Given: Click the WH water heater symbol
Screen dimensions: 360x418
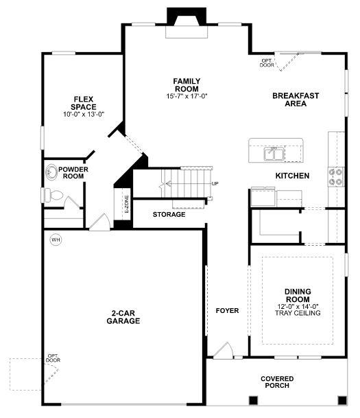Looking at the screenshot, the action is (56, 240).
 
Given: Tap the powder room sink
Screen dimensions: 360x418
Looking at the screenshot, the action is (51, 172).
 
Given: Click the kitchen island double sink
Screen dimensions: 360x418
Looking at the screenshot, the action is (274, 154).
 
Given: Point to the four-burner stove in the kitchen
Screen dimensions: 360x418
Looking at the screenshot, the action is (336, 177).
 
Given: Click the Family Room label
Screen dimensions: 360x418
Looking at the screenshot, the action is (187, 85).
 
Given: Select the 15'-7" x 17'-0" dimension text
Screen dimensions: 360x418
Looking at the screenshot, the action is (187, 96).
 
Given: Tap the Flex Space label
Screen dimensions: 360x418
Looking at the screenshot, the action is (84, 103).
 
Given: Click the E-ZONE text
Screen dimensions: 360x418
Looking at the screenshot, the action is (126, 204).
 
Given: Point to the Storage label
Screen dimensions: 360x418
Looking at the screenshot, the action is (169, 214).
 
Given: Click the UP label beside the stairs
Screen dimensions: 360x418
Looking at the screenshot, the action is (215, 184).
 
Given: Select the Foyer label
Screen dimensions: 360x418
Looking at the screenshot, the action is (227, 310).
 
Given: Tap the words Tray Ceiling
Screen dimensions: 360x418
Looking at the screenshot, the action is (298, 313).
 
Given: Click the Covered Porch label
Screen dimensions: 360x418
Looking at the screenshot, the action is (277, 382).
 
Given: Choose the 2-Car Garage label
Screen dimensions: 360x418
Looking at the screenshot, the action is (123, 317).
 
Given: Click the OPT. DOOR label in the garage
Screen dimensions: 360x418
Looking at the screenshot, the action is (53, 358).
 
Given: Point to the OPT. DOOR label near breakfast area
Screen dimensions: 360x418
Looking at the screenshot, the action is (267, 63).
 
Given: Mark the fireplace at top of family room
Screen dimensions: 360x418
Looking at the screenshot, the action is (187, 23).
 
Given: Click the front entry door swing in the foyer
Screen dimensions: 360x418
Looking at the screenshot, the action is (223, 350).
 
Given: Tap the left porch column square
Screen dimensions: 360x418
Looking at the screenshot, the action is (253, 400).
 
